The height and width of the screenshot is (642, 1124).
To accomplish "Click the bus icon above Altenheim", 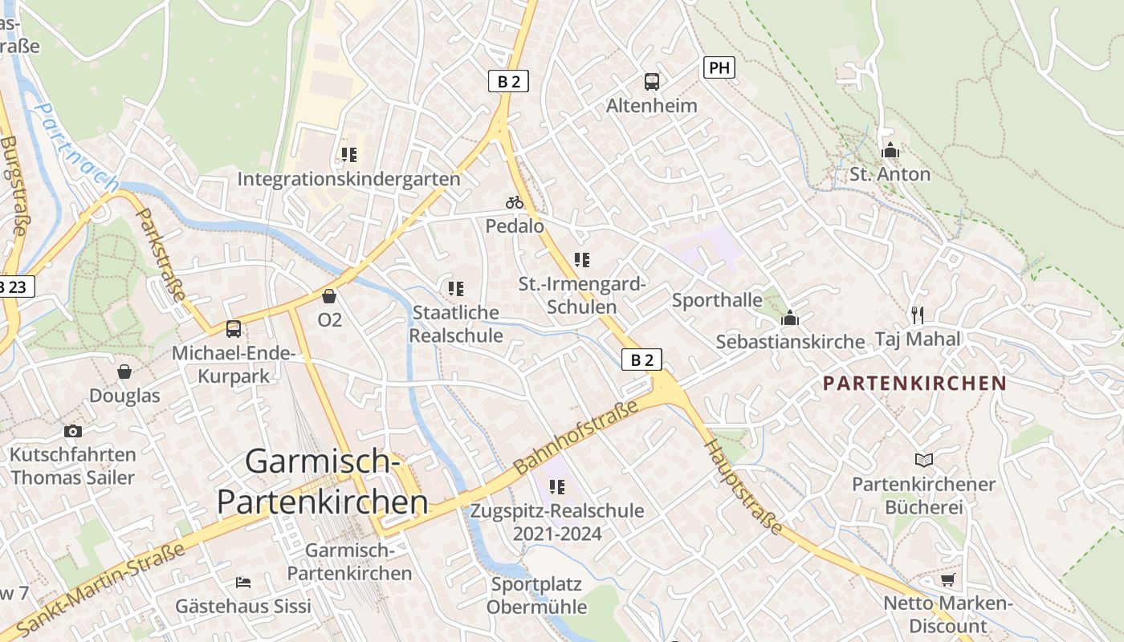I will point(652,81).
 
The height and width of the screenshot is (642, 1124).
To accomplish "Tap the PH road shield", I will point(719,67).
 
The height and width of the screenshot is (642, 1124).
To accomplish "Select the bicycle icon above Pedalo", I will point(515,202).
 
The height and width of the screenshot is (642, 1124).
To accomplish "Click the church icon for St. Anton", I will point(890,150).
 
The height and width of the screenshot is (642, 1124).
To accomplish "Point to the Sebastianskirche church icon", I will point(790,318).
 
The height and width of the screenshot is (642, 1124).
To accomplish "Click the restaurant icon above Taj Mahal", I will point(918,315).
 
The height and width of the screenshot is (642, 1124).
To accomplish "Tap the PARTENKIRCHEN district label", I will point(914,383).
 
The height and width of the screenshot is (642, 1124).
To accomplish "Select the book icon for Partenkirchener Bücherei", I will point(924,460).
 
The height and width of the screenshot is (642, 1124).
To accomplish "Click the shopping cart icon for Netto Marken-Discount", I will point(947,579).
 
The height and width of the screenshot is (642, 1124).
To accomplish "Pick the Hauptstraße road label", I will point(743,487).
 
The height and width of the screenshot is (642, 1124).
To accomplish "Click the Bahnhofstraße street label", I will point(576,436).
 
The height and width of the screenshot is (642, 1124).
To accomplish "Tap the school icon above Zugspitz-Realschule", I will point(557,486).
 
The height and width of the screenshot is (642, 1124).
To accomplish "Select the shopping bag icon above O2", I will point(328,295).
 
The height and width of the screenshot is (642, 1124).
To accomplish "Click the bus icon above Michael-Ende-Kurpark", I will point(234,328).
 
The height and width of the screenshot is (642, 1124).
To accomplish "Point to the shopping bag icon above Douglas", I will point(124,372).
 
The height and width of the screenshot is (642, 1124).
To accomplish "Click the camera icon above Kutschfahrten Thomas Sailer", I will point(73,431).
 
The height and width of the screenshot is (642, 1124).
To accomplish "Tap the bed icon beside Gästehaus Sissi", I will point(243,582).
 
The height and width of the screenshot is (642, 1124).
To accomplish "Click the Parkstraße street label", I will point(160,255).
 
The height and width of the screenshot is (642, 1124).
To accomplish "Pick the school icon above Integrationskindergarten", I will point(348,154).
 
